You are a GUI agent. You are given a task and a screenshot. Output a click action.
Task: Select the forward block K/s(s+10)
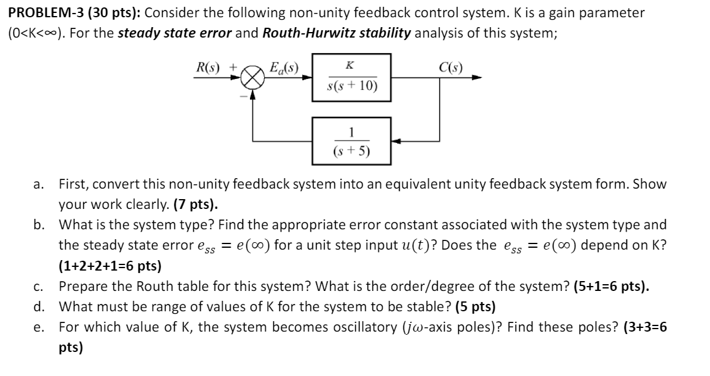coord(350,78)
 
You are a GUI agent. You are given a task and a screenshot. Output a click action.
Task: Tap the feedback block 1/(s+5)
coord(350,141)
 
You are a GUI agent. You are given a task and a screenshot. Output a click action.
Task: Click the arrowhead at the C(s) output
coord(477,78)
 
